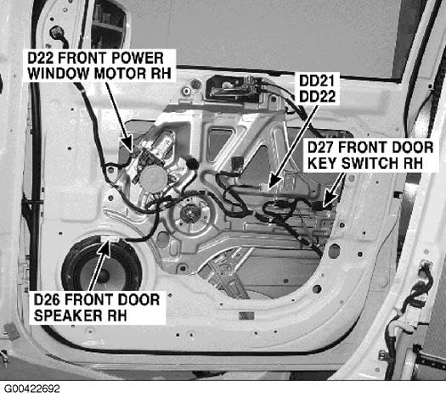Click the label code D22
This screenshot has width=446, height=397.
[x=41, y=58]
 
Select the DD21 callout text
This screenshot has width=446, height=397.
[x=316, y=81]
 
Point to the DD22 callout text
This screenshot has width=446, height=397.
[x=318, y=97]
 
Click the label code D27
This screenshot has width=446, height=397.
[x=320, y=148]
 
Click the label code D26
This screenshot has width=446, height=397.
[x=47, y=300]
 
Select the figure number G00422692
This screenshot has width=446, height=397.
[x=32, y=389]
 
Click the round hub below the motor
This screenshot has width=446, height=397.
[x=189, y=211]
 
